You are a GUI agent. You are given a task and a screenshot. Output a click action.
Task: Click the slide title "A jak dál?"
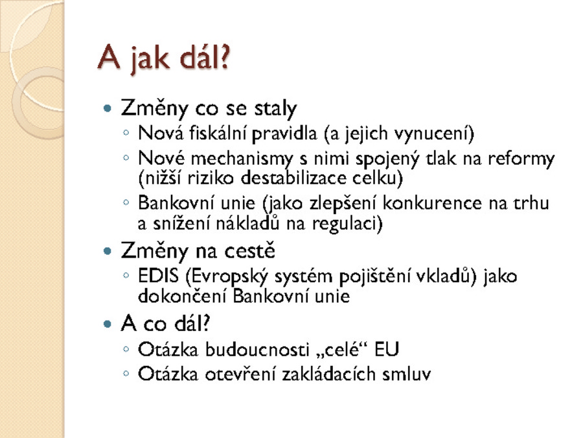click(x=164, y=57)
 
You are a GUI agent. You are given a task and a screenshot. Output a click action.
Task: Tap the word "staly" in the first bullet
click(x=275, y=109)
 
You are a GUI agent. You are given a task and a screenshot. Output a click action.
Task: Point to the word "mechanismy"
click(x=242, y=159)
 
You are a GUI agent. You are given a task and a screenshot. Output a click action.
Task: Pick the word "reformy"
click(x=521, y=160)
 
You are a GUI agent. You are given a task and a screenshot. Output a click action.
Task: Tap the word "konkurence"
click(x=432, y=203)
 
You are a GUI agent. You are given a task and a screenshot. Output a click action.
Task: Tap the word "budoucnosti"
click(x=257, y=350)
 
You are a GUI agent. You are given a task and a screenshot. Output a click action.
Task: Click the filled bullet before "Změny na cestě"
click(x=108, y=251)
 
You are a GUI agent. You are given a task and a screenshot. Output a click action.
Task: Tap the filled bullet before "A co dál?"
click(x=108, y=324)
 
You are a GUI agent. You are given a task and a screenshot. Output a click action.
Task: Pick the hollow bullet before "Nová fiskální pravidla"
click(x=126, y=132)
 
